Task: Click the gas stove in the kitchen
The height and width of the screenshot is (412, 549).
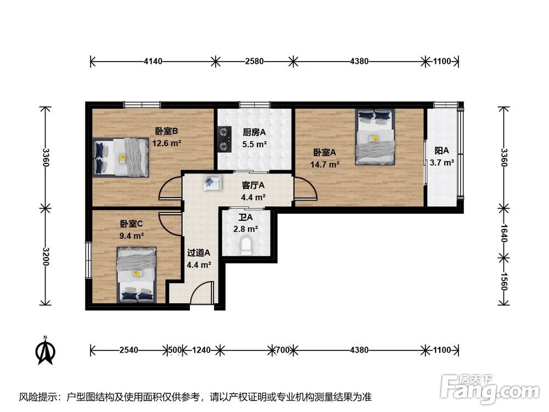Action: click(225, 139)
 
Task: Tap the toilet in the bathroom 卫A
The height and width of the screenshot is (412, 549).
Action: click(246, 246)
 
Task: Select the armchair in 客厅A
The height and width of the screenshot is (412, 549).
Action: click(212, 182)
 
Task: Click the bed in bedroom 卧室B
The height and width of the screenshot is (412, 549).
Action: click(121, 157)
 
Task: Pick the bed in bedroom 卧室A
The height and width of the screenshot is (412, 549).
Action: click(375, 136)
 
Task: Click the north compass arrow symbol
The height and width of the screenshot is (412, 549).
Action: click(46, 350)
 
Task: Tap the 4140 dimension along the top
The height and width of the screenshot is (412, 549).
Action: click(153, 62)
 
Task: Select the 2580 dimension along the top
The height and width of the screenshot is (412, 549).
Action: click(254, 62)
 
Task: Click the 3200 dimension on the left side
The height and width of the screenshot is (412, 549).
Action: click(46, 257)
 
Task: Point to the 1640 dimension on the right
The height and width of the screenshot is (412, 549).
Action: click(503, 233)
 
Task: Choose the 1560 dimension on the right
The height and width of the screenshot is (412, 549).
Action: click(503, 281)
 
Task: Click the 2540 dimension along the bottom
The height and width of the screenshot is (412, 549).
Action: click(129, 350)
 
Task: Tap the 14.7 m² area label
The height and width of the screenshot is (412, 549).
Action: click(324, 164)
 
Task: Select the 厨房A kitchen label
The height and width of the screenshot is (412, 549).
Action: click(254, 132)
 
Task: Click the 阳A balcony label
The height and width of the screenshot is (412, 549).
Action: click(441, 151)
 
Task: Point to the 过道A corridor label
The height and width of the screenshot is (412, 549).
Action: click(199, 253)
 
